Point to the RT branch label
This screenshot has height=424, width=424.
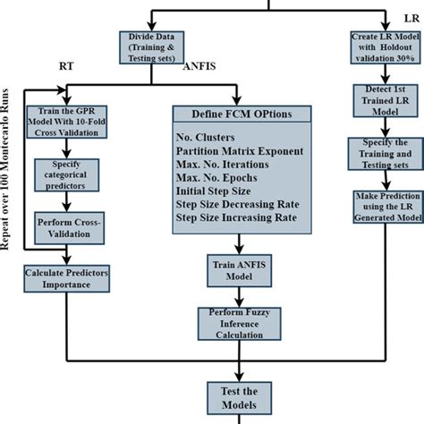point(66,67)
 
